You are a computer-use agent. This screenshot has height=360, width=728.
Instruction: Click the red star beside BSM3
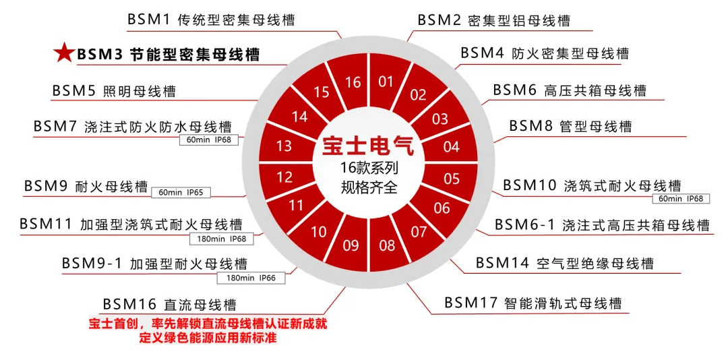coord(63,53)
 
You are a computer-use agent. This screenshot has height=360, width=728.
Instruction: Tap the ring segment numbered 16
coord(353,82)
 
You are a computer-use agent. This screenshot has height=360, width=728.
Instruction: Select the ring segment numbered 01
coord(386,82)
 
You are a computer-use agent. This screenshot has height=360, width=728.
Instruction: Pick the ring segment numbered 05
coord(452,179)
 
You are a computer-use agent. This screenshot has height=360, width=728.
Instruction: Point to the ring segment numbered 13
coord(284,146)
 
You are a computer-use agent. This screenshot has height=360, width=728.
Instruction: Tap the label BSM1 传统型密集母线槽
coord(211,20)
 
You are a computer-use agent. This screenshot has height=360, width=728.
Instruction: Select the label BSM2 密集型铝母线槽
coord(493,20)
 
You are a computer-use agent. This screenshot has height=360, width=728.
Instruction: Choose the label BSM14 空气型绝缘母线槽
coord(564,263)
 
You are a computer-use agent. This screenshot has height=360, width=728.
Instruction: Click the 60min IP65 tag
coord(181,193)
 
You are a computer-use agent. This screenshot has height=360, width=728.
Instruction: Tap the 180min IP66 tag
coord(251,278)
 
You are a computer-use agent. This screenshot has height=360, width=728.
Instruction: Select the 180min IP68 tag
coord(221,239)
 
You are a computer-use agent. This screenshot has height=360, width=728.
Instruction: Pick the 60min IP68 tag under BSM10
coord(681,199)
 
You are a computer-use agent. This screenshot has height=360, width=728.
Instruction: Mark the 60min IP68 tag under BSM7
coord(208,140)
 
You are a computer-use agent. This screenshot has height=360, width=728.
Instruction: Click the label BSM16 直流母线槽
coord(169,305)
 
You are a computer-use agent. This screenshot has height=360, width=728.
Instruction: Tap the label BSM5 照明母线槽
coord(114,91)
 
